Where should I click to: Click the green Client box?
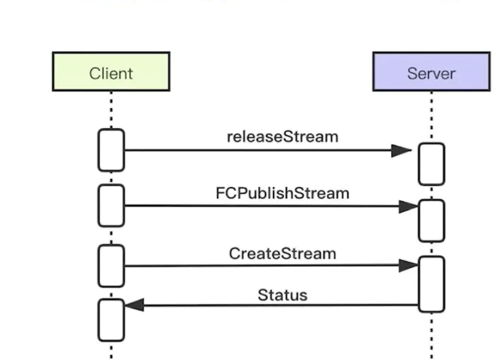tap(111, 72)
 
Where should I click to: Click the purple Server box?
tap(432, 72)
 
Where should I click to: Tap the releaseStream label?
tap(282, 137)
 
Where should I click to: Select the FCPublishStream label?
tap(282, 193)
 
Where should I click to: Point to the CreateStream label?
tap(282, 254)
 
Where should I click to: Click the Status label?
tap(282, 295)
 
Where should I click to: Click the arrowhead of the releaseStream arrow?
tap(401, 151)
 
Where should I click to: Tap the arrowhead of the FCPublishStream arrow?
tap(409, 207)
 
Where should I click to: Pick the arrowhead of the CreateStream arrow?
tap(409, 265)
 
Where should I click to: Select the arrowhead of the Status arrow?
tap(134, 305)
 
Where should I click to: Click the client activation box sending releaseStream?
tap(111, 150)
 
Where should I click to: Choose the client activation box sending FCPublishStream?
tap(111, 206)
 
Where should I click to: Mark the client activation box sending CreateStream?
tap(111, 266)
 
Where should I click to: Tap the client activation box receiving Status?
tap(111, 320)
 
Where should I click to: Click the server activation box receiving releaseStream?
tap(432, 164)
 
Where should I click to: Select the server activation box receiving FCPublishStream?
tap(432, 221)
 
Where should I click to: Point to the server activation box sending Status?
tap(432, 284)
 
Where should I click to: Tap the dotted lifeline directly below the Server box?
tap(432, 117)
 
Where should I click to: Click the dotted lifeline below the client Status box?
tap(111, 351)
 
